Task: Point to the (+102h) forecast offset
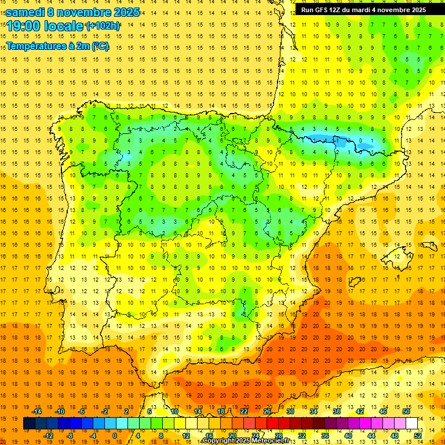[x=103, y=26]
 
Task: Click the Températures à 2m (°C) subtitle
[x=57, y=46]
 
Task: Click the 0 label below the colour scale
[x=115, y=435]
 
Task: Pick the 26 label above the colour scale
[x=267, y=411]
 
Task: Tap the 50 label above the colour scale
[x=406, y=411]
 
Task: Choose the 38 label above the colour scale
[x=336, y=411]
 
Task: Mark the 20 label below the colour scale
[x=232, y=435]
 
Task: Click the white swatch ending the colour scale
[x=412, y=423]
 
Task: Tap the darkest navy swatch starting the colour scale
[x=29, y=423]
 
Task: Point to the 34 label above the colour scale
[x=313, y=411]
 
